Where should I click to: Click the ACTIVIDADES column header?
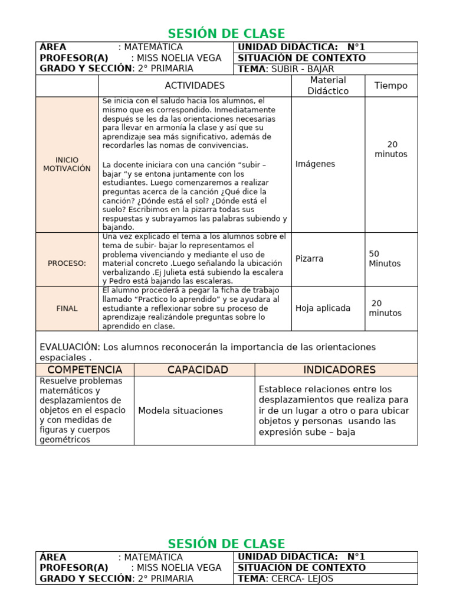[x=195, y=86]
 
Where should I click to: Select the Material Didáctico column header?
[x=328, y=86]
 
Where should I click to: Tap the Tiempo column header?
[x=390, y=86]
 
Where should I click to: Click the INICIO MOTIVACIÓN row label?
[x=67, y=164]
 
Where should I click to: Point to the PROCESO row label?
[x=67, y=264]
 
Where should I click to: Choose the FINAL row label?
[x=67, y=308]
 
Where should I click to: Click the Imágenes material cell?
[x=315, y=164]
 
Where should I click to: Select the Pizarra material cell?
[x=310, y=259]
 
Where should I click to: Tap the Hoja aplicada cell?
[x=323, y=308]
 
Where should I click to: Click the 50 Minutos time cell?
[x=385, y=259]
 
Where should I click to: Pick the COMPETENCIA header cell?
[x=85, y=370]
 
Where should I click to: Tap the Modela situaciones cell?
[x=180, y=411]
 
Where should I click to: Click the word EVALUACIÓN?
[x=67, y=347]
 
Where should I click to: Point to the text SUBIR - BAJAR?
[x=303, y=69]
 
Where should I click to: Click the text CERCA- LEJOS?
[x=302, y=579]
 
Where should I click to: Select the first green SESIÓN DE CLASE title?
[x=226, y=34]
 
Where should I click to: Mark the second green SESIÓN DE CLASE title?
[x=226, y=544]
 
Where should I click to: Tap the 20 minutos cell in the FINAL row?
[x=385, y=308]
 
